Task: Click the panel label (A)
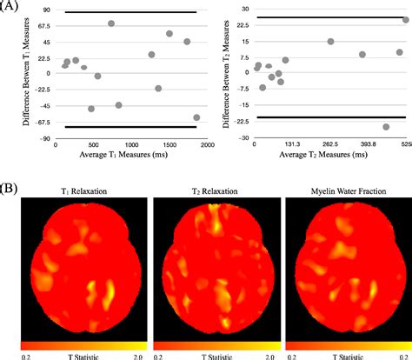tap(10, 8)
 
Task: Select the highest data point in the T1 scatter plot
tap(111, 23)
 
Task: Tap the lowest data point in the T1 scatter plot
tap(196, 117)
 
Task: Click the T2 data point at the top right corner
tap(406, 19)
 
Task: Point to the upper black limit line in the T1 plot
tap(130, 12)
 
